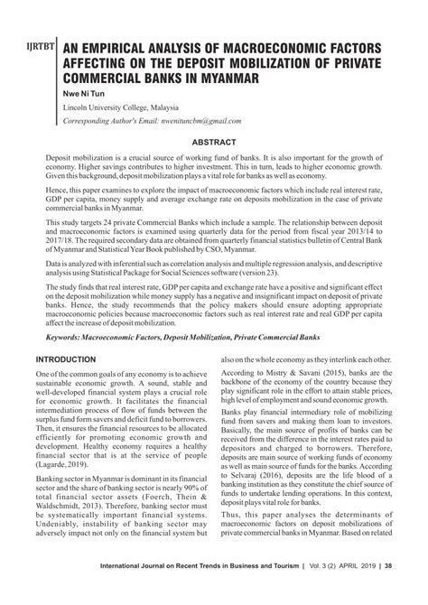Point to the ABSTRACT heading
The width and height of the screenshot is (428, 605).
click(x=214, y=142)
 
